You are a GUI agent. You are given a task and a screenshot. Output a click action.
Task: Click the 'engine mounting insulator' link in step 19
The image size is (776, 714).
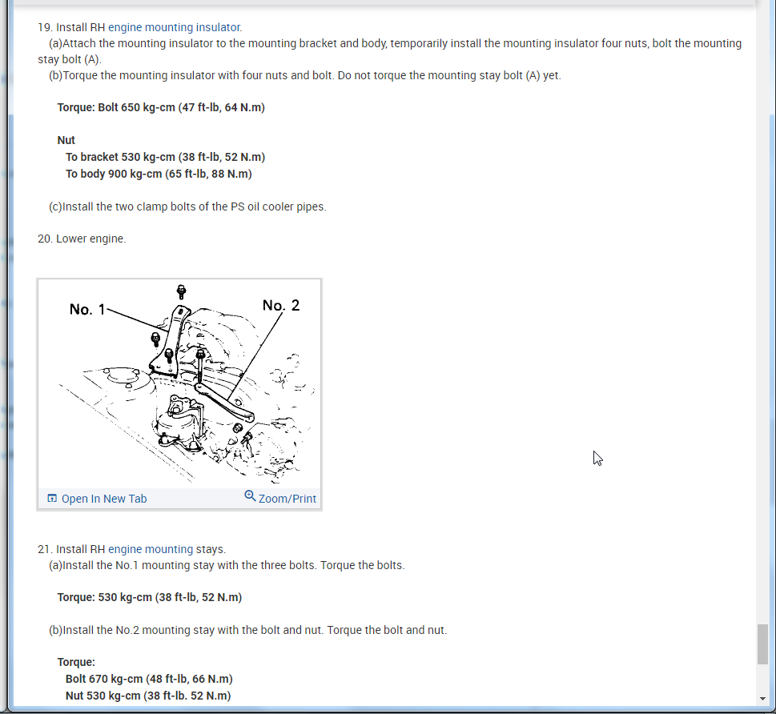(x=175, y=27)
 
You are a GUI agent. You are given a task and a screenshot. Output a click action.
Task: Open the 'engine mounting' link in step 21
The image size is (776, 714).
(x=151, y=549)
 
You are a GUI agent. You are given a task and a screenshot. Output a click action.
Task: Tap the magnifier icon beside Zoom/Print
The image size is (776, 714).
(x=250, y=495)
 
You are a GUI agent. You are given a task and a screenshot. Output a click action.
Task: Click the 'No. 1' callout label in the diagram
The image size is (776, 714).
(x=87, y=310)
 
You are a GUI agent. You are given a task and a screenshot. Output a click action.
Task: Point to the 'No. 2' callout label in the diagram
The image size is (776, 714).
(x=280, y=305)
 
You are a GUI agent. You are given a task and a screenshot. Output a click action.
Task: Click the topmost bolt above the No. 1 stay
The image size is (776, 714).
(x=182, y=291)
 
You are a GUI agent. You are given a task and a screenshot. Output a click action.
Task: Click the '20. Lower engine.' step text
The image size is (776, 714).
(x=82, y=239)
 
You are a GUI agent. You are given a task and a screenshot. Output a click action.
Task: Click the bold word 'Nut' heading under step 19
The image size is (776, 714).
(x=66, y=140)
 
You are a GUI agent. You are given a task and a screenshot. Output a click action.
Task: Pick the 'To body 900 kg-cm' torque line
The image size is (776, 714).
(x=159, y=174)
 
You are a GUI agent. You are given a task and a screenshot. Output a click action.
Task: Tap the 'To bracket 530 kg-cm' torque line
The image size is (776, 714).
(x=165, y=157)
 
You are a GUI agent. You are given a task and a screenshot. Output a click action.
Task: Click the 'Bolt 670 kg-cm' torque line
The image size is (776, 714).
(x=149, y=679)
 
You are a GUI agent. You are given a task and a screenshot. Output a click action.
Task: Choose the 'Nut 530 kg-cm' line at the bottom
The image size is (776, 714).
(x=148, y=696)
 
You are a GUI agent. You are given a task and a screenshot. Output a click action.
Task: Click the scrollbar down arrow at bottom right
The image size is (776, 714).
(x=762, y=699)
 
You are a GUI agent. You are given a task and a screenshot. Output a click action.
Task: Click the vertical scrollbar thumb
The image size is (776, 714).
(x=762, y=644)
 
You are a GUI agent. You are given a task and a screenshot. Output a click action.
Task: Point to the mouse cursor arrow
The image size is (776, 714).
(x=597, y=458)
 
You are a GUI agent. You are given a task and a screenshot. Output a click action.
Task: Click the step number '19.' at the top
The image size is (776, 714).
(x=45, y=27)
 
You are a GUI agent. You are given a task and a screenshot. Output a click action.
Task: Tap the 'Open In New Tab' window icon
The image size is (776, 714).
(x=52, y=498)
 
